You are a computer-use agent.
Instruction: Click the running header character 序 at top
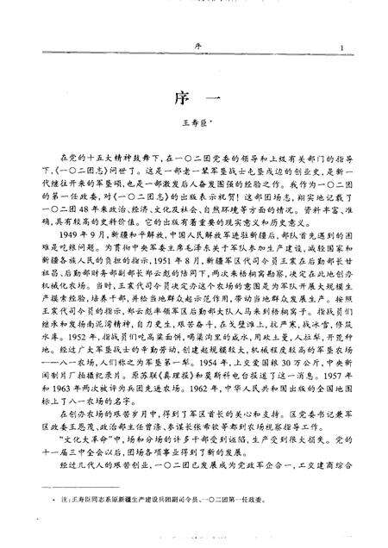[x=195, y=48]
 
